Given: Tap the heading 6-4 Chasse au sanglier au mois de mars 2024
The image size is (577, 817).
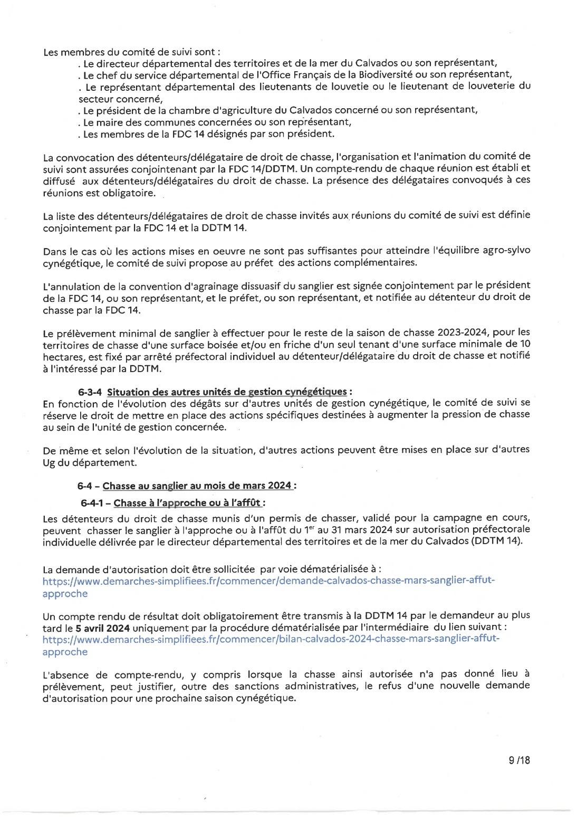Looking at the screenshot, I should pyautogui.click(x=187, y=486).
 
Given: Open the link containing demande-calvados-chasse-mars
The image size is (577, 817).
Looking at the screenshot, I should pyautogui.click(x=268, y=581).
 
